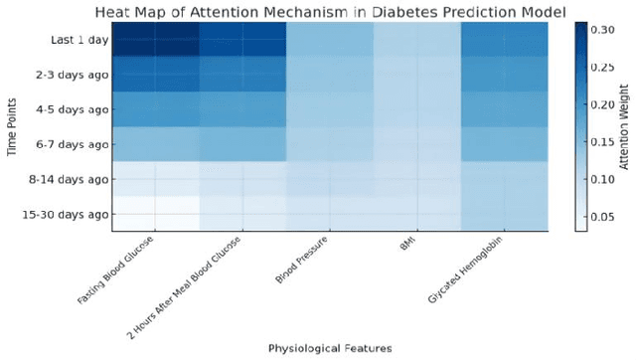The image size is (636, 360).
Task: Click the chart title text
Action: point(331,12)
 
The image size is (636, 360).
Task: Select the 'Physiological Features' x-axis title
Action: point(330,347)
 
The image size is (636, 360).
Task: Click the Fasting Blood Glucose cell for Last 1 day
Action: point(155,40)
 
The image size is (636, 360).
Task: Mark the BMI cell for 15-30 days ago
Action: point(417,214)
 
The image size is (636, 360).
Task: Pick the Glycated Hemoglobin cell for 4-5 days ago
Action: point(505,109)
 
